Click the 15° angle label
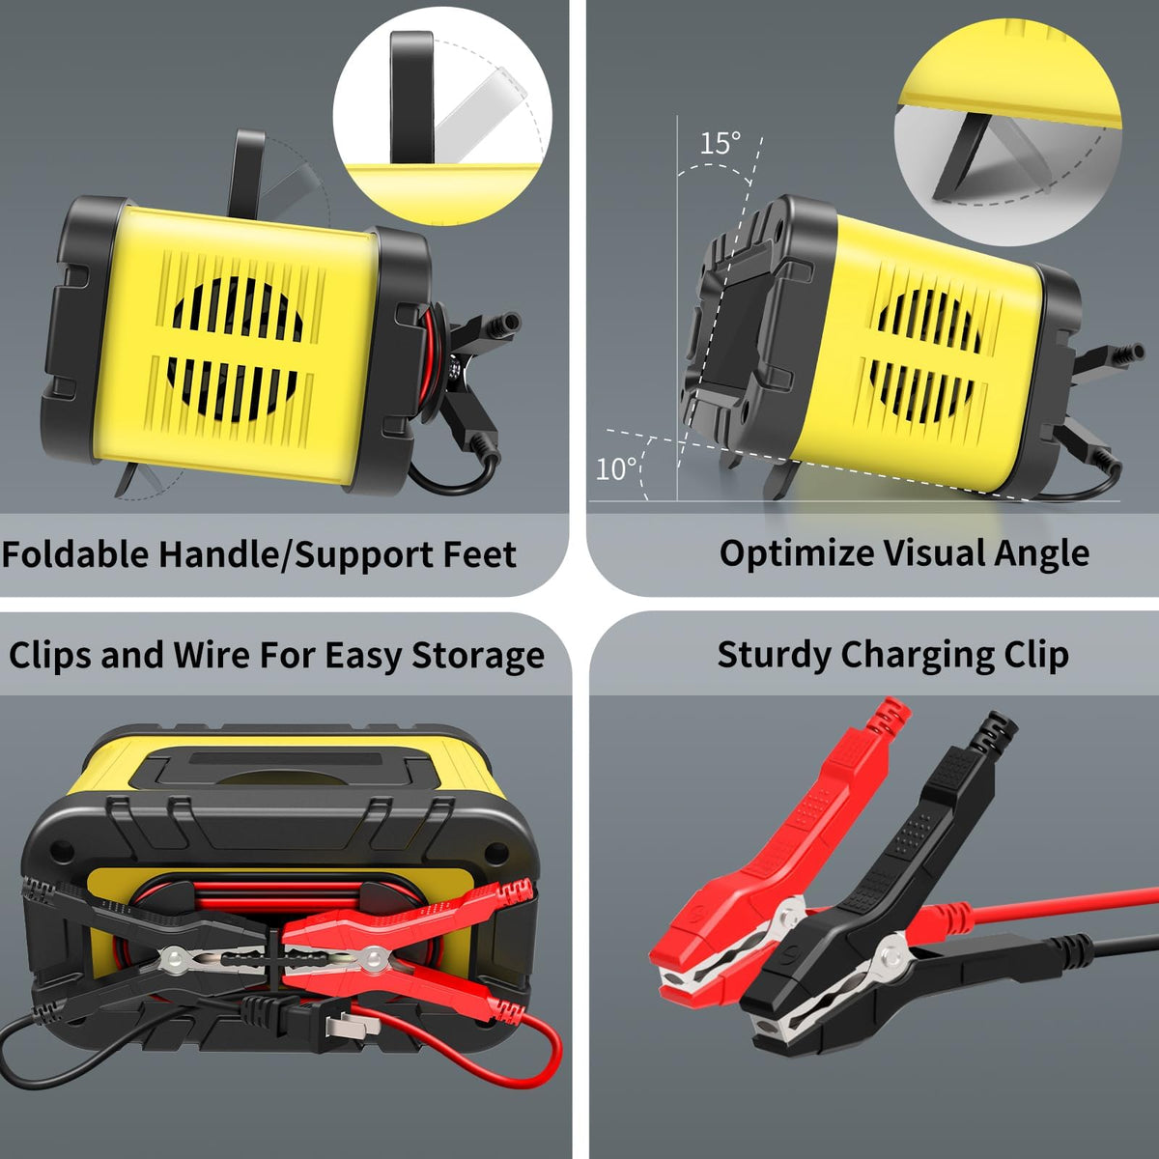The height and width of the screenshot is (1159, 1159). pyautogui.click(x=721, y=144)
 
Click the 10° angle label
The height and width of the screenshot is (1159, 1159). pyautogui.click(x=616, y=469)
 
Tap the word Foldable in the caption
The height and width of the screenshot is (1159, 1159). pyautogui.click(x=75, y=554)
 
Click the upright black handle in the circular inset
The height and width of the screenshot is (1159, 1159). pyautogui.click(x=412, y=97)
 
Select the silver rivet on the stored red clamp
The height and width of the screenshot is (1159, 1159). pyautogui.click(x=373, y=956)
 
